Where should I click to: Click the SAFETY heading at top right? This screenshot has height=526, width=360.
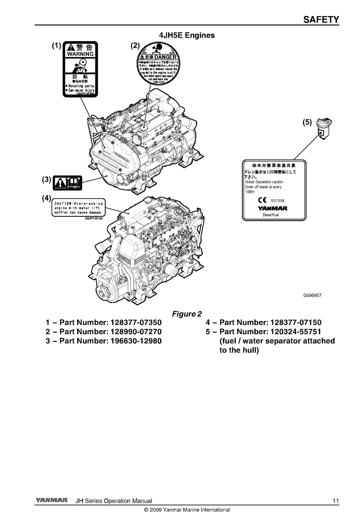click(x=321, y=19)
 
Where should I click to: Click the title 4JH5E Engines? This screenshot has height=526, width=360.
click(x=187, y=35)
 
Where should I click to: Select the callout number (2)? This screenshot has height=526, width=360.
click(x=135, y=45)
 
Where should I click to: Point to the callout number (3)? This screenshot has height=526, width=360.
click(x=47, y=180)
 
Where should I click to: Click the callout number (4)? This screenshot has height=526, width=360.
click(x=47, y=198)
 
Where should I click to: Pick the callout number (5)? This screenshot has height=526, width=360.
click(x=307, y=122)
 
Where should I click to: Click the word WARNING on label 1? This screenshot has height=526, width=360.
click(x=80, y=54)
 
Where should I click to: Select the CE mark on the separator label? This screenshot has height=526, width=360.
click(x=262, y=200)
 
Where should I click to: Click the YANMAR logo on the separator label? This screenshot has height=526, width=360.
click(x=273, y=208)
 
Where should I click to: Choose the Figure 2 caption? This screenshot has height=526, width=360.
click(x=187, y=314)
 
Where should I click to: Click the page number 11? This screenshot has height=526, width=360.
click(x=335, y=501)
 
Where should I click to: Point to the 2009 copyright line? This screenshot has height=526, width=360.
click(x=187, y=510)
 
